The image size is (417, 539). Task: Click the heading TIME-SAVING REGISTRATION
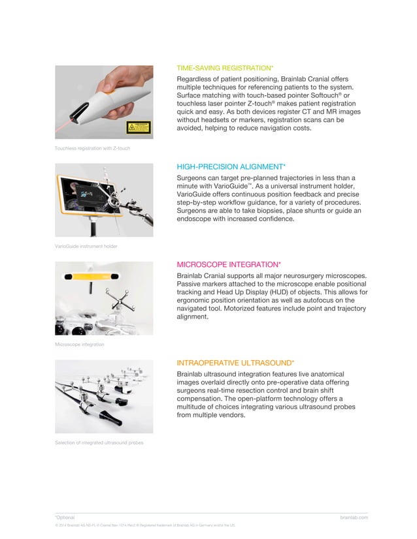point(225,68)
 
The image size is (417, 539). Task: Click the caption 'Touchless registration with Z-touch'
point(92,149)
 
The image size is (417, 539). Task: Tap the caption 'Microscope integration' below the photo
point(79,344)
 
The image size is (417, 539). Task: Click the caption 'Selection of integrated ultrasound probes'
point(99,443)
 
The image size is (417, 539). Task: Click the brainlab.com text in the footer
point(354,517)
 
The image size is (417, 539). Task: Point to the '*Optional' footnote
point(65,517)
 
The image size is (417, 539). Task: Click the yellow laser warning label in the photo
point(138,127)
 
